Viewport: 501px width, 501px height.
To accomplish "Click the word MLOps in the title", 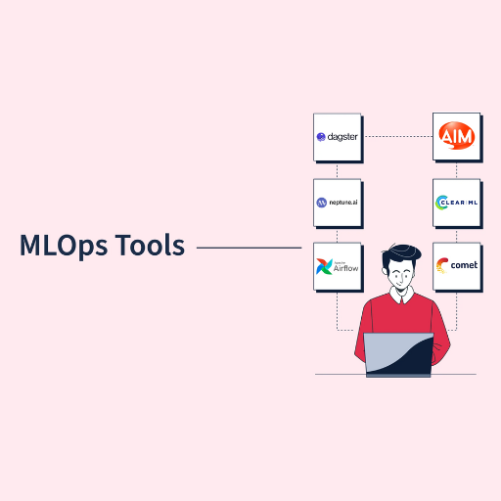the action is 64,246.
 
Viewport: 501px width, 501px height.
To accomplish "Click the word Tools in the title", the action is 150,245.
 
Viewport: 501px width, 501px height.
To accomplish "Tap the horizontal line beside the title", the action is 249,248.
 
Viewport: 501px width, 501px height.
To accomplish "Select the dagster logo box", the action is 338,137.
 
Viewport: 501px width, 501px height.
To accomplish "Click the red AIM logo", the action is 457,136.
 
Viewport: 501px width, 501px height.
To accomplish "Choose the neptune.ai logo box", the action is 338,203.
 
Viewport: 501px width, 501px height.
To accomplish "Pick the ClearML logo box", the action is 457,203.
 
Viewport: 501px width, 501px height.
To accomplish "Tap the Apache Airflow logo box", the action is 338,266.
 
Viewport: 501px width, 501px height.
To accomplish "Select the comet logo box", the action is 457,266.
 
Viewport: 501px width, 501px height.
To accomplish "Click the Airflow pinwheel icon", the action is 324,266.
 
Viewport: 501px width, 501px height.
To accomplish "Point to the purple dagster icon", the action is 321,137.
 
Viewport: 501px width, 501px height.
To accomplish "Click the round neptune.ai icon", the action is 322,203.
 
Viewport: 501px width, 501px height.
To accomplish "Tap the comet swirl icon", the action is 442,265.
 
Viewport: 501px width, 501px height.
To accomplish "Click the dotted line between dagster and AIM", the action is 398,136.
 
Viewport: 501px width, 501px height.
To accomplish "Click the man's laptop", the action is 398,355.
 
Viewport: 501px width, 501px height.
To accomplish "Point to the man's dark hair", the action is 400,255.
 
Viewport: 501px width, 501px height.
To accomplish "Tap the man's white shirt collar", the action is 402,296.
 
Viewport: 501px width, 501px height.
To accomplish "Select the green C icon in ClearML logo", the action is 441,203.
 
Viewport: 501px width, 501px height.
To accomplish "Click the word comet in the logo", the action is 464,265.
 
